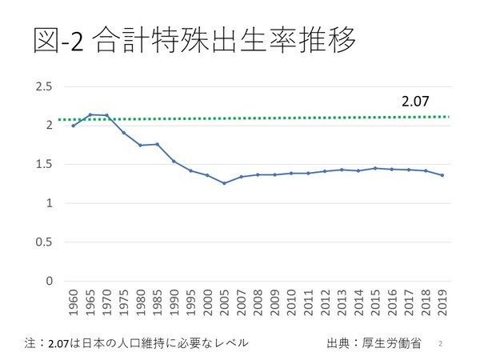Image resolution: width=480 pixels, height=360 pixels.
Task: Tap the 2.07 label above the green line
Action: [414, 102]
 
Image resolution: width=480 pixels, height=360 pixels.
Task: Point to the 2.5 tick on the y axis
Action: [43, 86]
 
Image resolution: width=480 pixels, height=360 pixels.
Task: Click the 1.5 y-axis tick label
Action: [43, 165]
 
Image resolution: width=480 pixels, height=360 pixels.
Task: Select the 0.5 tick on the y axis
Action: [43, 242]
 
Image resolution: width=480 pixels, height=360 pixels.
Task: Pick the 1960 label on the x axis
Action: [73, 302]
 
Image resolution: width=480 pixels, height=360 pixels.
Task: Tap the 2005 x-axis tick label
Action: [224, 302]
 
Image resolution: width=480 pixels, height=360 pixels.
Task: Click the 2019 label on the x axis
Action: [442, 302]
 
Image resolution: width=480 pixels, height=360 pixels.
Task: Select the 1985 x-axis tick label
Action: [157, 302]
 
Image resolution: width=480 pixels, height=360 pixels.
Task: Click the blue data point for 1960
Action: [73, 126]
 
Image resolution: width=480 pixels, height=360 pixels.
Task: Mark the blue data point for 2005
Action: [224, 183]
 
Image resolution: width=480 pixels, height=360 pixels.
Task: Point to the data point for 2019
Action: [442, 175]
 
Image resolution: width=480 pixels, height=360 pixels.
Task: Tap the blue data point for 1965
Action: [90, 114]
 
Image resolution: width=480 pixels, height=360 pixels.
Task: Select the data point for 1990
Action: [174, 161]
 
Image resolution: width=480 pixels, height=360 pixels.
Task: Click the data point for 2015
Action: [375, 168]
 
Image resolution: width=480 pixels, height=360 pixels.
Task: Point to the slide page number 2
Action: [441, 343]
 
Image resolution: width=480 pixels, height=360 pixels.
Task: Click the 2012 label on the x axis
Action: [325, 302]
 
